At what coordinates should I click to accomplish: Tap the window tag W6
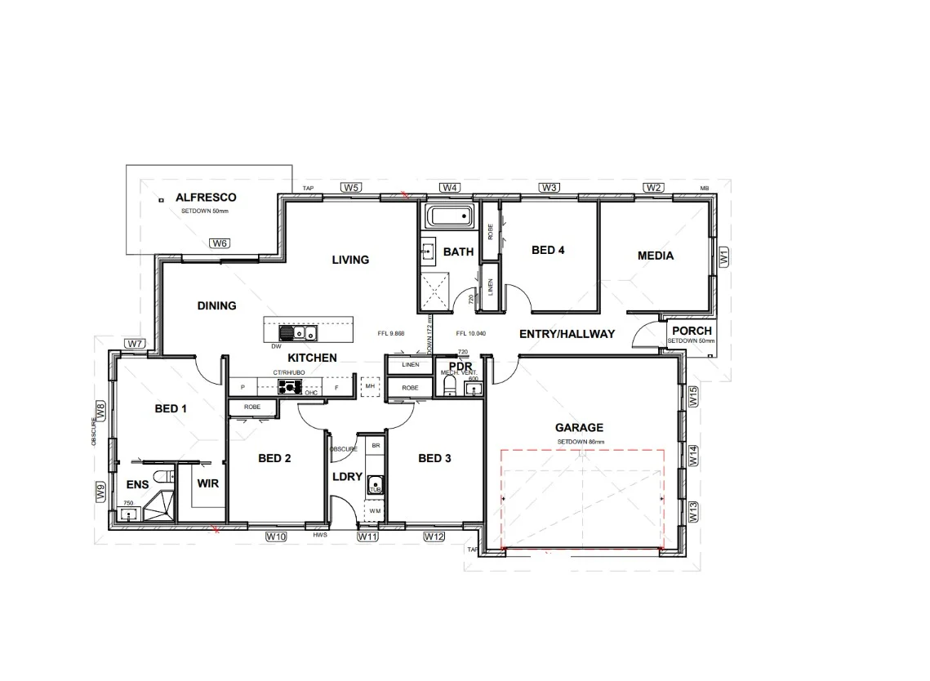pyautogui.click(x=220, y=243)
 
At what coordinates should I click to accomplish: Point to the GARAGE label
pyautogui.click(x=579, y=427)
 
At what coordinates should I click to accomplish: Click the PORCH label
pyautogui.click(x=692, y=331)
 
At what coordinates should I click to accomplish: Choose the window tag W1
pyautogui.click(x=723, y=256)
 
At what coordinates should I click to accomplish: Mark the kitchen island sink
pyautogui.click(x=305, y=333)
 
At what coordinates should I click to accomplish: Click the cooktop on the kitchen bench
pyautogui.click(x=289, y=386)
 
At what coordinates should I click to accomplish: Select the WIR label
pyautogui.click(x=208, y=483)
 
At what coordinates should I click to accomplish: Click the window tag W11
pyautogui.click(x=367, y=536)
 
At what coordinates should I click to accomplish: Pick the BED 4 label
pyautogui.click(x=548, y=250)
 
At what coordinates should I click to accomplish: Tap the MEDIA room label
pyautogui.click(x=656, y=256)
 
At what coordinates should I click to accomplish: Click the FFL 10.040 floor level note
pyautogui.click(x=472, y=333)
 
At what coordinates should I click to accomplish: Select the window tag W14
pyautogui.click(x=692, y=456)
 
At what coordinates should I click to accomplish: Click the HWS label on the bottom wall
pyautogui.click(x=320, y=536)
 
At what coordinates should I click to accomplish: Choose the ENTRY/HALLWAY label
pyautogui.click(x=567, y=333)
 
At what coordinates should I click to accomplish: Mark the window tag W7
pyautogui.click(x=136, y=344)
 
